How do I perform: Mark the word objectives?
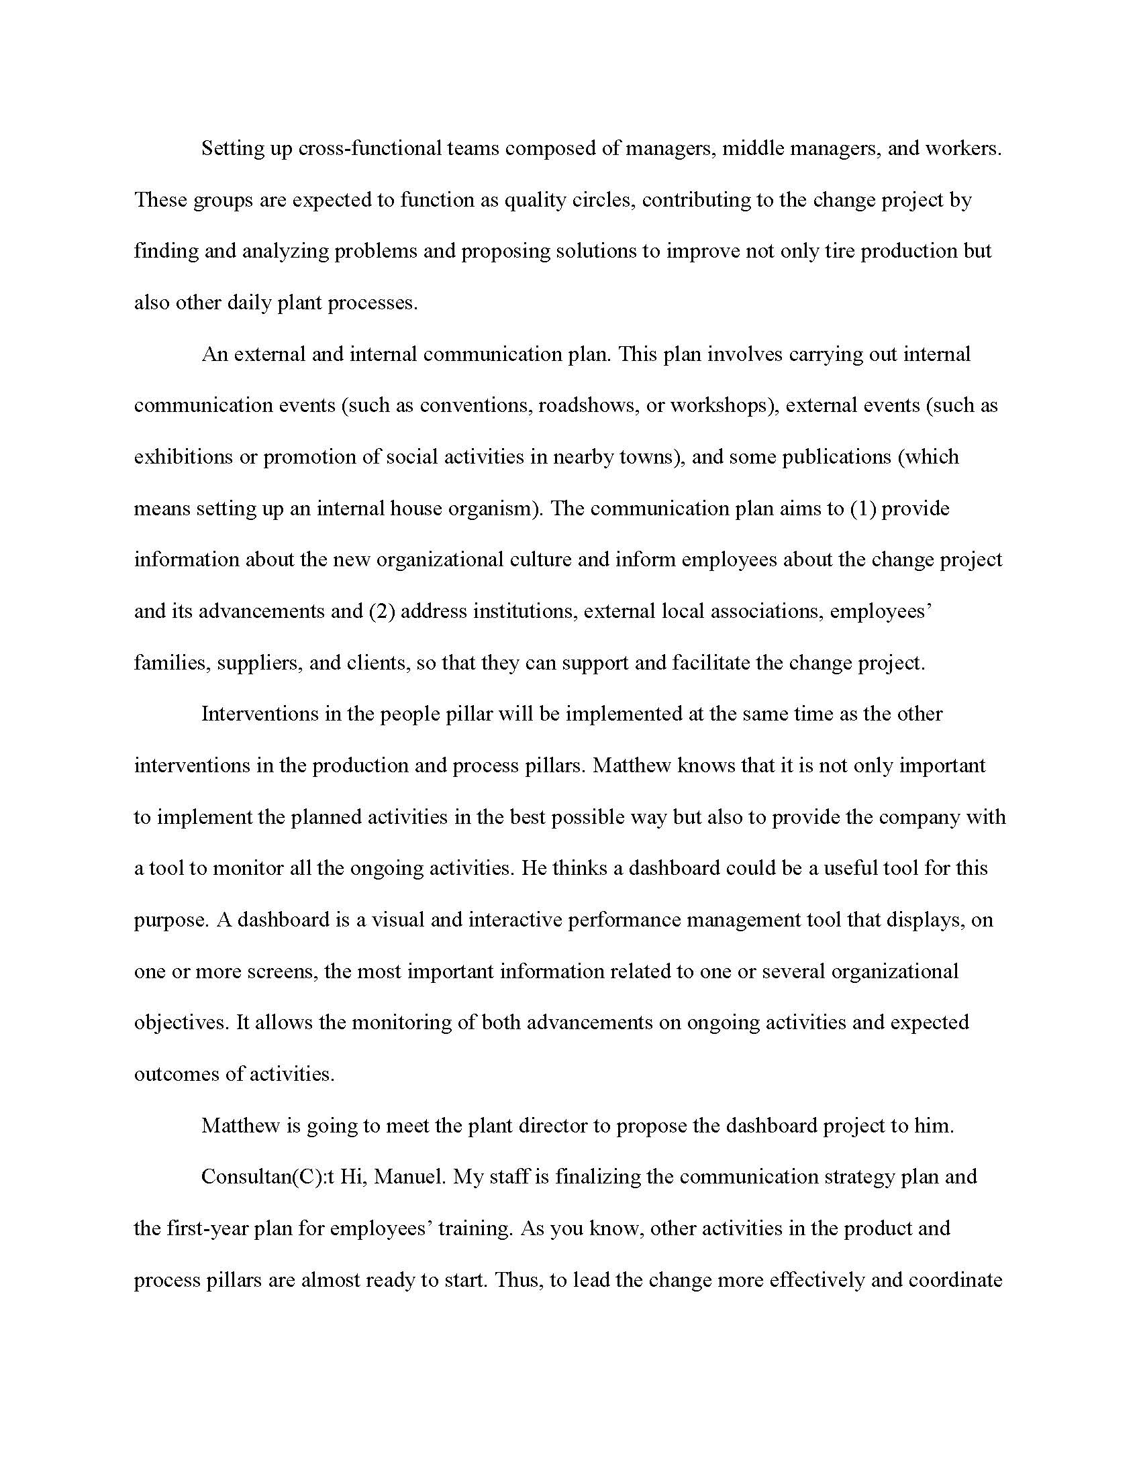[x=180, y=1022]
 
